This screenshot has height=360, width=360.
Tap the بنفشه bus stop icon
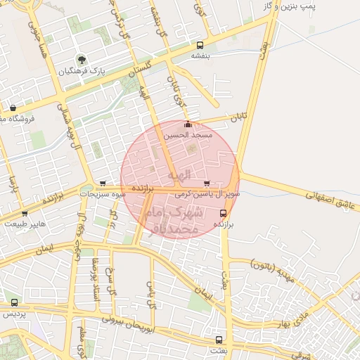tap(200, 44)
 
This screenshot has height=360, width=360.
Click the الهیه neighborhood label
tap(179, 174)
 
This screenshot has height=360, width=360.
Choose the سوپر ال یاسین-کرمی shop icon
tap(205, 183)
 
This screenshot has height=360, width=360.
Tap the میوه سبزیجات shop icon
tap(103, 183)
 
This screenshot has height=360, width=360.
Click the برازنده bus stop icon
tap(223, 212)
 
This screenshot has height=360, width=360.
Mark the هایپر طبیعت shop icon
tap(25, 213)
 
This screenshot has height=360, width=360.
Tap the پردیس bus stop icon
tap(13, 303)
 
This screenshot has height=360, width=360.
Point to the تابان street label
tap(238, 119)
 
